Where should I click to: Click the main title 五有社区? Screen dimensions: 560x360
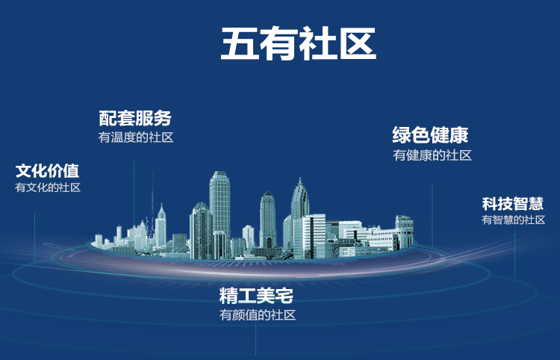(x=299, y=43)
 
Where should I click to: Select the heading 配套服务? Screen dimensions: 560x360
(x=135, y=118)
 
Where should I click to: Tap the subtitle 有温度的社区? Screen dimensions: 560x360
(x=136, y=137)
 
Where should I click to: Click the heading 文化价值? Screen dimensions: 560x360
(x=47, y=171)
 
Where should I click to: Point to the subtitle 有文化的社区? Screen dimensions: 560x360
(x=48, y=187)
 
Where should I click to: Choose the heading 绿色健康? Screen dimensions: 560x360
(x=430, y=134)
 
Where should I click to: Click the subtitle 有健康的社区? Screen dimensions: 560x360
(x=432, y=155)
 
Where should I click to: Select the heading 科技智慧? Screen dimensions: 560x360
(x=512, y=204)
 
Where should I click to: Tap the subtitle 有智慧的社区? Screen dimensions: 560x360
(x=513, y=220)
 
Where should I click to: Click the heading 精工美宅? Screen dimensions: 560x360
(x=256, y=295)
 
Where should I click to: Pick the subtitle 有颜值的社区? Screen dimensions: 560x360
(x=258, y=314)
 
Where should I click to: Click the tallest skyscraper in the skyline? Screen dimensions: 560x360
(x=220, y=214)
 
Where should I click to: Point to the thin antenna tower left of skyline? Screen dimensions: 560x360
(x=152, y=205)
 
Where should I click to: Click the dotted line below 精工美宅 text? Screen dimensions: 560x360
(x=255, y=339)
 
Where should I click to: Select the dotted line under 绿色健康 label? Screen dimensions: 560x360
(x=432, y=215)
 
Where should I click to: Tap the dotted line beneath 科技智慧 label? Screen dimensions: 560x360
(x=514, y=254)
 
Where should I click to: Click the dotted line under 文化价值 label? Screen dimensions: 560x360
(x=34, y=238)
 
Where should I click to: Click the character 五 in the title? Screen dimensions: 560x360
(x=240, y=43)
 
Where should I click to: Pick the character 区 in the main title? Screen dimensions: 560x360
(x=358, y=43)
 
